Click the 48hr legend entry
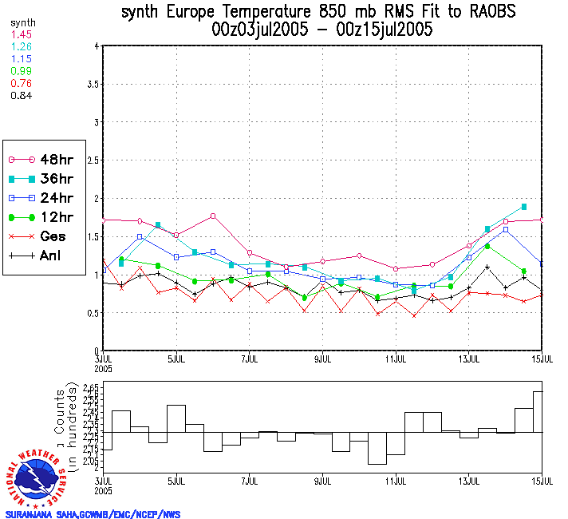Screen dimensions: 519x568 pyautogui.click(x=40, y=159)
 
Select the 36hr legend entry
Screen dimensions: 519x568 pyautogui.click(x=40, y=179)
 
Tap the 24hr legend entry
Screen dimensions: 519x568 pyautogui.click(x=40, y=198)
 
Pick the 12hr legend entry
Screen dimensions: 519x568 pyautogui.click(x=40, y=217)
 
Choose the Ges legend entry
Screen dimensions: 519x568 pyautogui.click(x=40, y=236)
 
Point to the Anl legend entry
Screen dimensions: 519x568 pyautogui.click(x=40, y=256)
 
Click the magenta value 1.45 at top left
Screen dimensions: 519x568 pyautogui.click(x=22, y=35)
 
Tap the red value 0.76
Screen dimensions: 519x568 pyautogui.click(x=22, y=83)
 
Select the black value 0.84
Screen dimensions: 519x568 pyautogui.click(x=22, y=96)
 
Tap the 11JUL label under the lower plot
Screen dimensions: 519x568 pyautogui.click(x=396, y=482)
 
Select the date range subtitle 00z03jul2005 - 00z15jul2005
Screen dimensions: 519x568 pyautogui.click(x=322, y=30)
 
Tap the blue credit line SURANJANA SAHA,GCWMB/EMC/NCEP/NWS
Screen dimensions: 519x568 pyautogui.click(x=93, y=514)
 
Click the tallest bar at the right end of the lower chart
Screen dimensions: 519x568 pyautogui.click(x=538, y=412)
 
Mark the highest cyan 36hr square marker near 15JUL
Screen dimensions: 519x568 pyautogui.click(x=523, y=207)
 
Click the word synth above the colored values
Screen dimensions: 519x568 pyautogui.click(x=22, y=23)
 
